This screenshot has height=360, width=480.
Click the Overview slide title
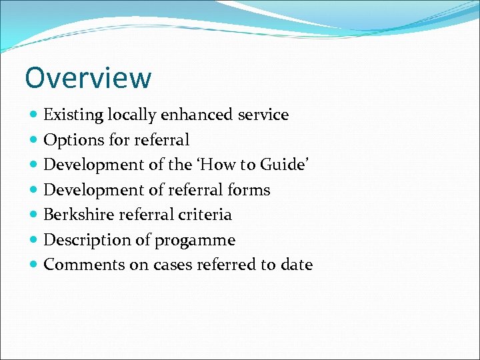(88, 78)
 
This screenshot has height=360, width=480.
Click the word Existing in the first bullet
(73, 115)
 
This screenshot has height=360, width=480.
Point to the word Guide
(286, 165)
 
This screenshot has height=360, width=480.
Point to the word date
(296, 265)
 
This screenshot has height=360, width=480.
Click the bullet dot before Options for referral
(35, 141)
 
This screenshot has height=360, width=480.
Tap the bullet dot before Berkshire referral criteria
(35, 215)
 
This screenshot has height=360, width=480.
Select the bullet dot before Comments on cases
(35, 265)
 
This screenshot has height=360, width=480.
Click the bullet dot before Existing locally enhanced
(35, 115)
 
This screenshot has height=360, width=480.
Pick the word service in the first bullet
(263, 115)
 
